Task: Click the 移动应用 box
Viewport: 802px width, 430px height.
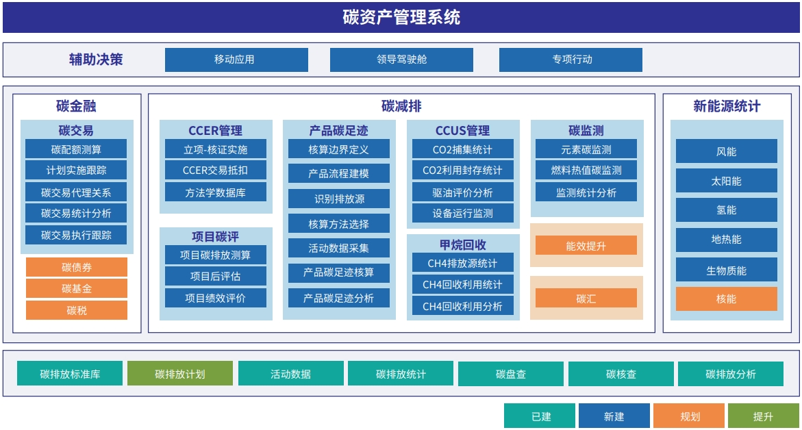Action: [236, 60]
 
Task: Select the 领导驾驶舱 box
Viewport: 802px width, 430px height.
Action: [401, 60]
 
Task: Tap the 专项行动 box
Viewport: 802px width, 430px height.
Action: [571, 60]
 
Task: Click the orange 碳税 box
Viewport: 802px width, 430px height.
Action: [77, 310]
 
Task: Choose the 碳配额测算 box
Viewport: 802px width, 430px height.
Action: [76, 149]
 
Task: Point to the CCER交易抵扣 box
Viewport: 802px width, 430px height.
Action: [215, 170]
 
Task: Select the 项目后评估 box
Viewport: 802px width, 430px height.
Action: [215, 276]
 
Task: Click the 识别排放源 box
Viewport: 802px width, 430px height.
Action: [339, 199]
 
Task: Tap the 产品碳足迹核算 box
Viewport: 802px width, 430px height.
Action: [339, 273]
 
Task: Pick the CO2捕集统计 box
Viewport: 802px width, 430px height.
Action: [463, 149]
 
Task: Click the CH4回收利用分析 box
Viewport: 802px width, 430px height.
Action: [463, 306]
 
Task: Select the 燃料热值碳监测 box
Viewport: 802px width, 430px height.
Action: [586, 170]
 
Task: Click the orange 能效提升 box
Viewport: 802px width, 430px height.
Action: [586, 245]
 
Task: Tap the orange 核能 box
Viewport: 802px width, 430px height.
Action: [726, 299]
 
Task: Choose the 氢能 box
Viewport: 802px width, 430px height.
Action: [726, 210]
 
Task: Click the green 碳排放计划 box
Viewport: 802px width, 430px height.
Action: [180, 374]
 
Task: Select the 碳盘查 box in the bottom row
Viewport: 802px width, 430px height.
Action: [511, 374]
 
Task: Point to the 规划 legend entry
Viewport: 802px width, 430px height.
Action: [689, 416]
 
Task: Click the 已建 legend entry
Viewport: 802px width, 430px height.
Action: [540, 416]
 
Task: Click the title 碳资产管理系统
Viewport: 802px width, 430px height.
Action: [401, 17]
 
